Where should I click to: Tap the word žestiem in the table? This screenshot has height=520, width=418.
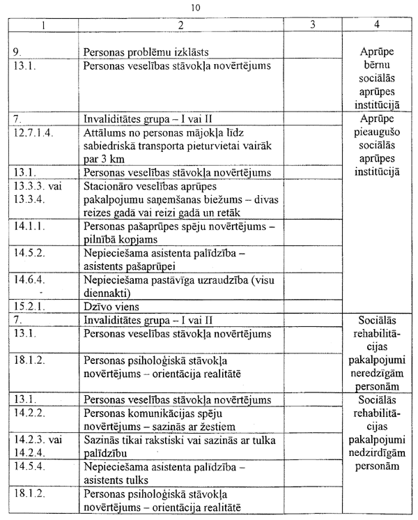click(x=231, y=425)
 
